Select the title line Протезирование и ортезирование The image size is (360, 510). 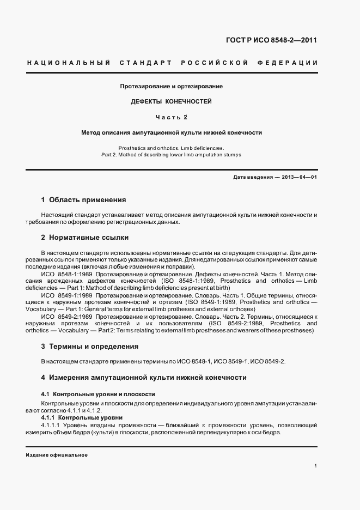172,86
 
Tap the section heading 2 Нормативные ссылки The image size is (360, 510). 85,238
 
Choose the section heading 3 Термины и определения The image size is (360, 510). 90,346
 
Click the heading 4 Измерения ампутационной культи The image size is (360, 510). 144,377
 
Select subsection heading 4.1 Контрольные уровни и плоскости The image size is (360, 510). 98,393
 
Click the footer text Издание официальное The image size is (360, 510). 57,455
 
